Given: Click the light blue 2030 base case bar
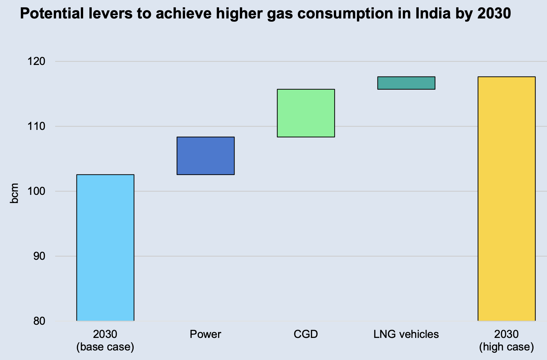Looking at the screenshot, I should (x=105, y=247).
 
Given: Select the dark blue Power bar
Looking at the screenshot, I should (x=206, y=156).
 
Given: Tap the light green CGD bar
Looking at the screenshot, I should (x=306, y=113).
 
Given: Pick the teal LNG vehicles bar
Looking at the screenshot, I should (x=406, y=83).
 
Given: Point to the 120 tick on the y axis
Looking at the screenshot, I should (x=39, y=61).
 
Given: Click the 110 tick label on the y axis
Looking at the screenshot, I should (x=39, y=126).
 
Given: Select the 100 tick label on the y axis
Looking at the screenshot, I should (x=39, y=191).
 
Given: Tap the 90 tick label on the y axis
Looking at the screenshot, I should (x=40, y=256).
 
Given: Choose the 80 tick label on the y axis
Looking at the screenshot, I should (x=40, y=321).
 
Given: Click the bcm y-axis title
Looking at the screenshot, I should (x=14, y=194).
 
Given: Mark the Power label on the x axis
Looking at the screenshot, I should (x=205, y=334).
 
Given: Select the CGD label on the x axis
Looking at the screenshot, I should (x=306, y=334).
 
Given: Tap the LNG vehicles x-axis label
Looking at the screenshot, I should (x=406, y=334).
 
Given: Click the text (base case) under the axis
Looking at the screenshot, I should (x=105, y=347).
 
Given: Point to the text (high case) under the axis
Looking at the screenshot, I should (x=506, y=347).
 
